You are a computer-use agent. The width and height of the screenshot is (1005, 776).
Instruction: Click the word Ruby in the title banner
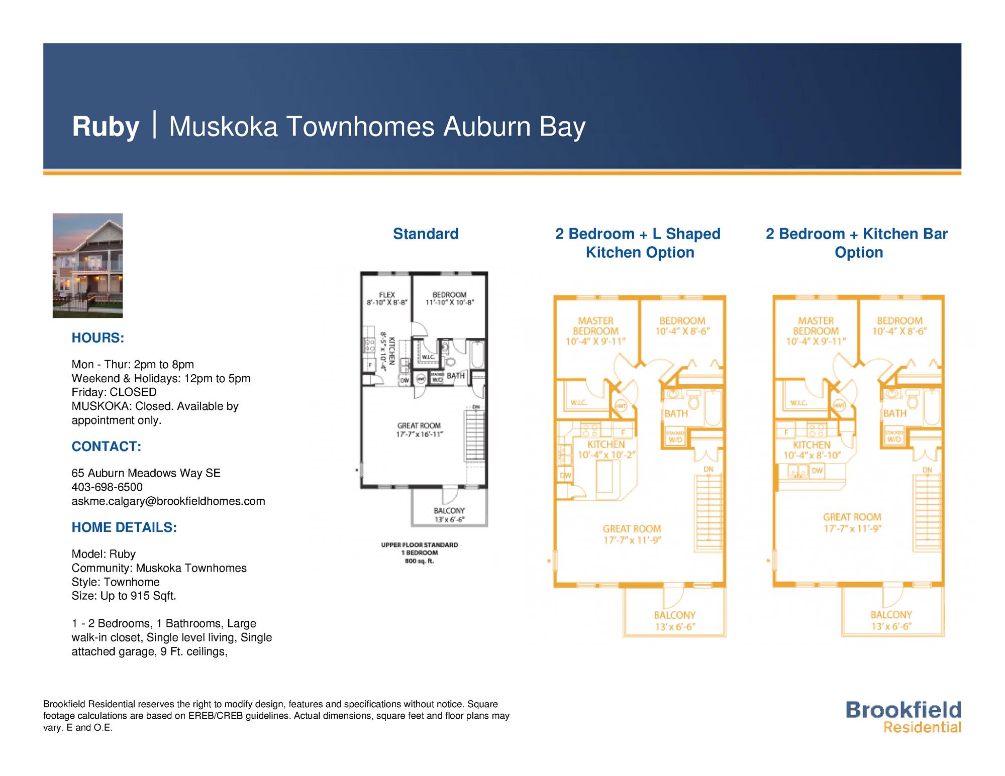(x=105, y=127)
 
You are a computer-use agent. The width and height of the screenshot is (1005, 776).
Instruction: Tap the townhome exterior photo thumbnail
(x=87, y=265)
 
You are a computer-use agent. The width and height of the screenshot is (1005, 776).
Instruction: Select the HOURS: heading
(x=97, y=338)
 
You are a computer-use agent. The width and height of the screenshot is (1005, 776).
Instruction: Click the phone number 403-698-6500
(x=107, y=487)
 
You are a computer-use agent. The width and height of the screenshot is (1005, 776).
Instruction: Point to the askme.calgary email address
(x=168, y=501)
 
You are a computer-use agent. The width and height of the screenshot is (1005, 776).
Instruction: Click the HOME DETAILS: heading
(x=124, y=527)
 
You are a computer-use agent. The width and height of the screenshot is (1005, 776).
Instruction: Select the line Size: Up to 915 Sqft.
(x=124, y=596)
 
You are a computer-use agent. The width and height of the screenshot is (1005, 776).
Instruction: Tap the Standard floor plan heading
(x=425, y=234)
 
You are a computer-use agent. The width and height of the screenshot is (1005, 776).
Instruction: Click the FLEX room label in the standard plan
(x=386, y=295)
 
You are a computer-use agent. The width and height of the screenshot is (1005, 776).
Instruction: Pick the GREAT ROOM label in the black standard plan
(x=419, y=426)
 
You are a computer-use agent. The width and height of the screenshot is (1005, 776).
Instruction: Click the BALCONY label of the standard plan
(x=449, y=511)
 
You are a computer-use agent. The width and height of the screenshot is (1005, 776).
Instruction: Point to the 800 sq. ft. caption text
(x=419, y=561)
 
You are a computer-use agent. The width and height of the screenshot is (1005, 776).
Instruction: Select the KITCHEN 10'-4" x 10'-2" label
(x=606, y=450)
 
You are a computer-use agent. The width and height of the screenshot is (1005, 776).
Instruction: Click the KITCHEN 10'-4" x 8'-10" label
(x=812, y=450)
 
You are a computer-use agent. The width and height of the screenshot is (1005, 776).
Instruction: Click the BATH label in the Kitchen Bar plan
(x=894, y=413)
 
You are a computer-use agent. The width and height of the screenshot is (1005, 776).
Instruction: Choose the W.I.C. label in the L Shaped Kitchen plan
(x=579, y=403)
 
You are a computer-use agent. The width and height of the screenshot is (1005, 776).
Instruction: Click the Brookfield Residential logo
(x=903, y=717)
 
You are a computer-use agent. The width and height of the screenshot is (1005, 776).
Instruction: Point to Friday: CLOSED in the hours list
(x=114, y=392)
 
